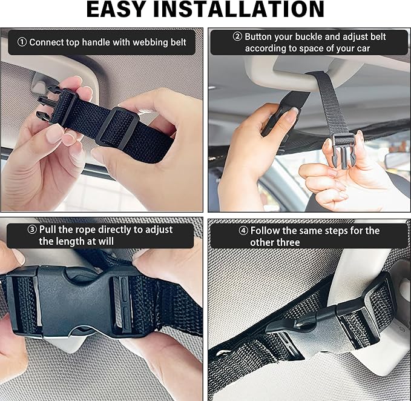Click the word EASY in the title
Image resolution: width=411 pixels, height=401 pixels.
click(x=116, y=9)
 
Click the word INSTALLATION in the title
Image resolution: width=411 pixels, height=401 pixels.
click(x=238, y=9)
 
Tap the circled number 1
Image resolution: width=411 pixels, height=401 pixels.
click(x=22, y=42)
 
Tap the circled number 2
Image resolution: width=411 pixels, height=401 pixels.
click(x=237, y=36)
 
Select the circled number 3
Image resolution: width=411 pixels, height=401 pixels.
click(x=32, y=230)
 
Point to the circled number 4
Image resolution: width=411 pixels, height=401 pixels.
click(x=243, y=231)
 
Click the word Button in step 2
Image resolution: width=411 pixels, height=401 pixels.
click(x=258, y=37)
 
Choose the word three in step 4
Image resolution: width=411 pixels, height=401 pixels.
click(x=288, y=242)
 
